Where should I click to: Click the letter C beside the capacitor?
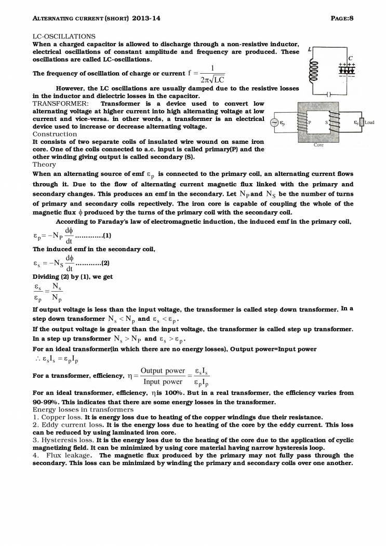click(351, 58)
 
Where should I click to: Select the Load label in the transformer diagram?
click(369, 122)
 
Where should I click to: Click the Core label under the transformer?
click(319, 145)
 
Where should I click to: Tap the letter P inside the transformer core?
click(310, 122)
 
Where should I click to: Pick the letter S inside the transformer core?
click(327, 122)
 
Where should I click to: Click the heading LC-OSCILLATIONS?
click(64, 36)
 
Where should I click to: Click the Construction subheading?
click(55, 134)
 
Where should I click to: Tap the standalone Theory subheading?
click(44, 164)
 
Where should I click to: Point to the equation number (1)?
click(107, 236)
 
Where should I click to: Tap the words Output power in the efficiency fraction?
click(163, 370)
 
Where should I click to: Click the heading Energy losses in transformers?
click(83, 410)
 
